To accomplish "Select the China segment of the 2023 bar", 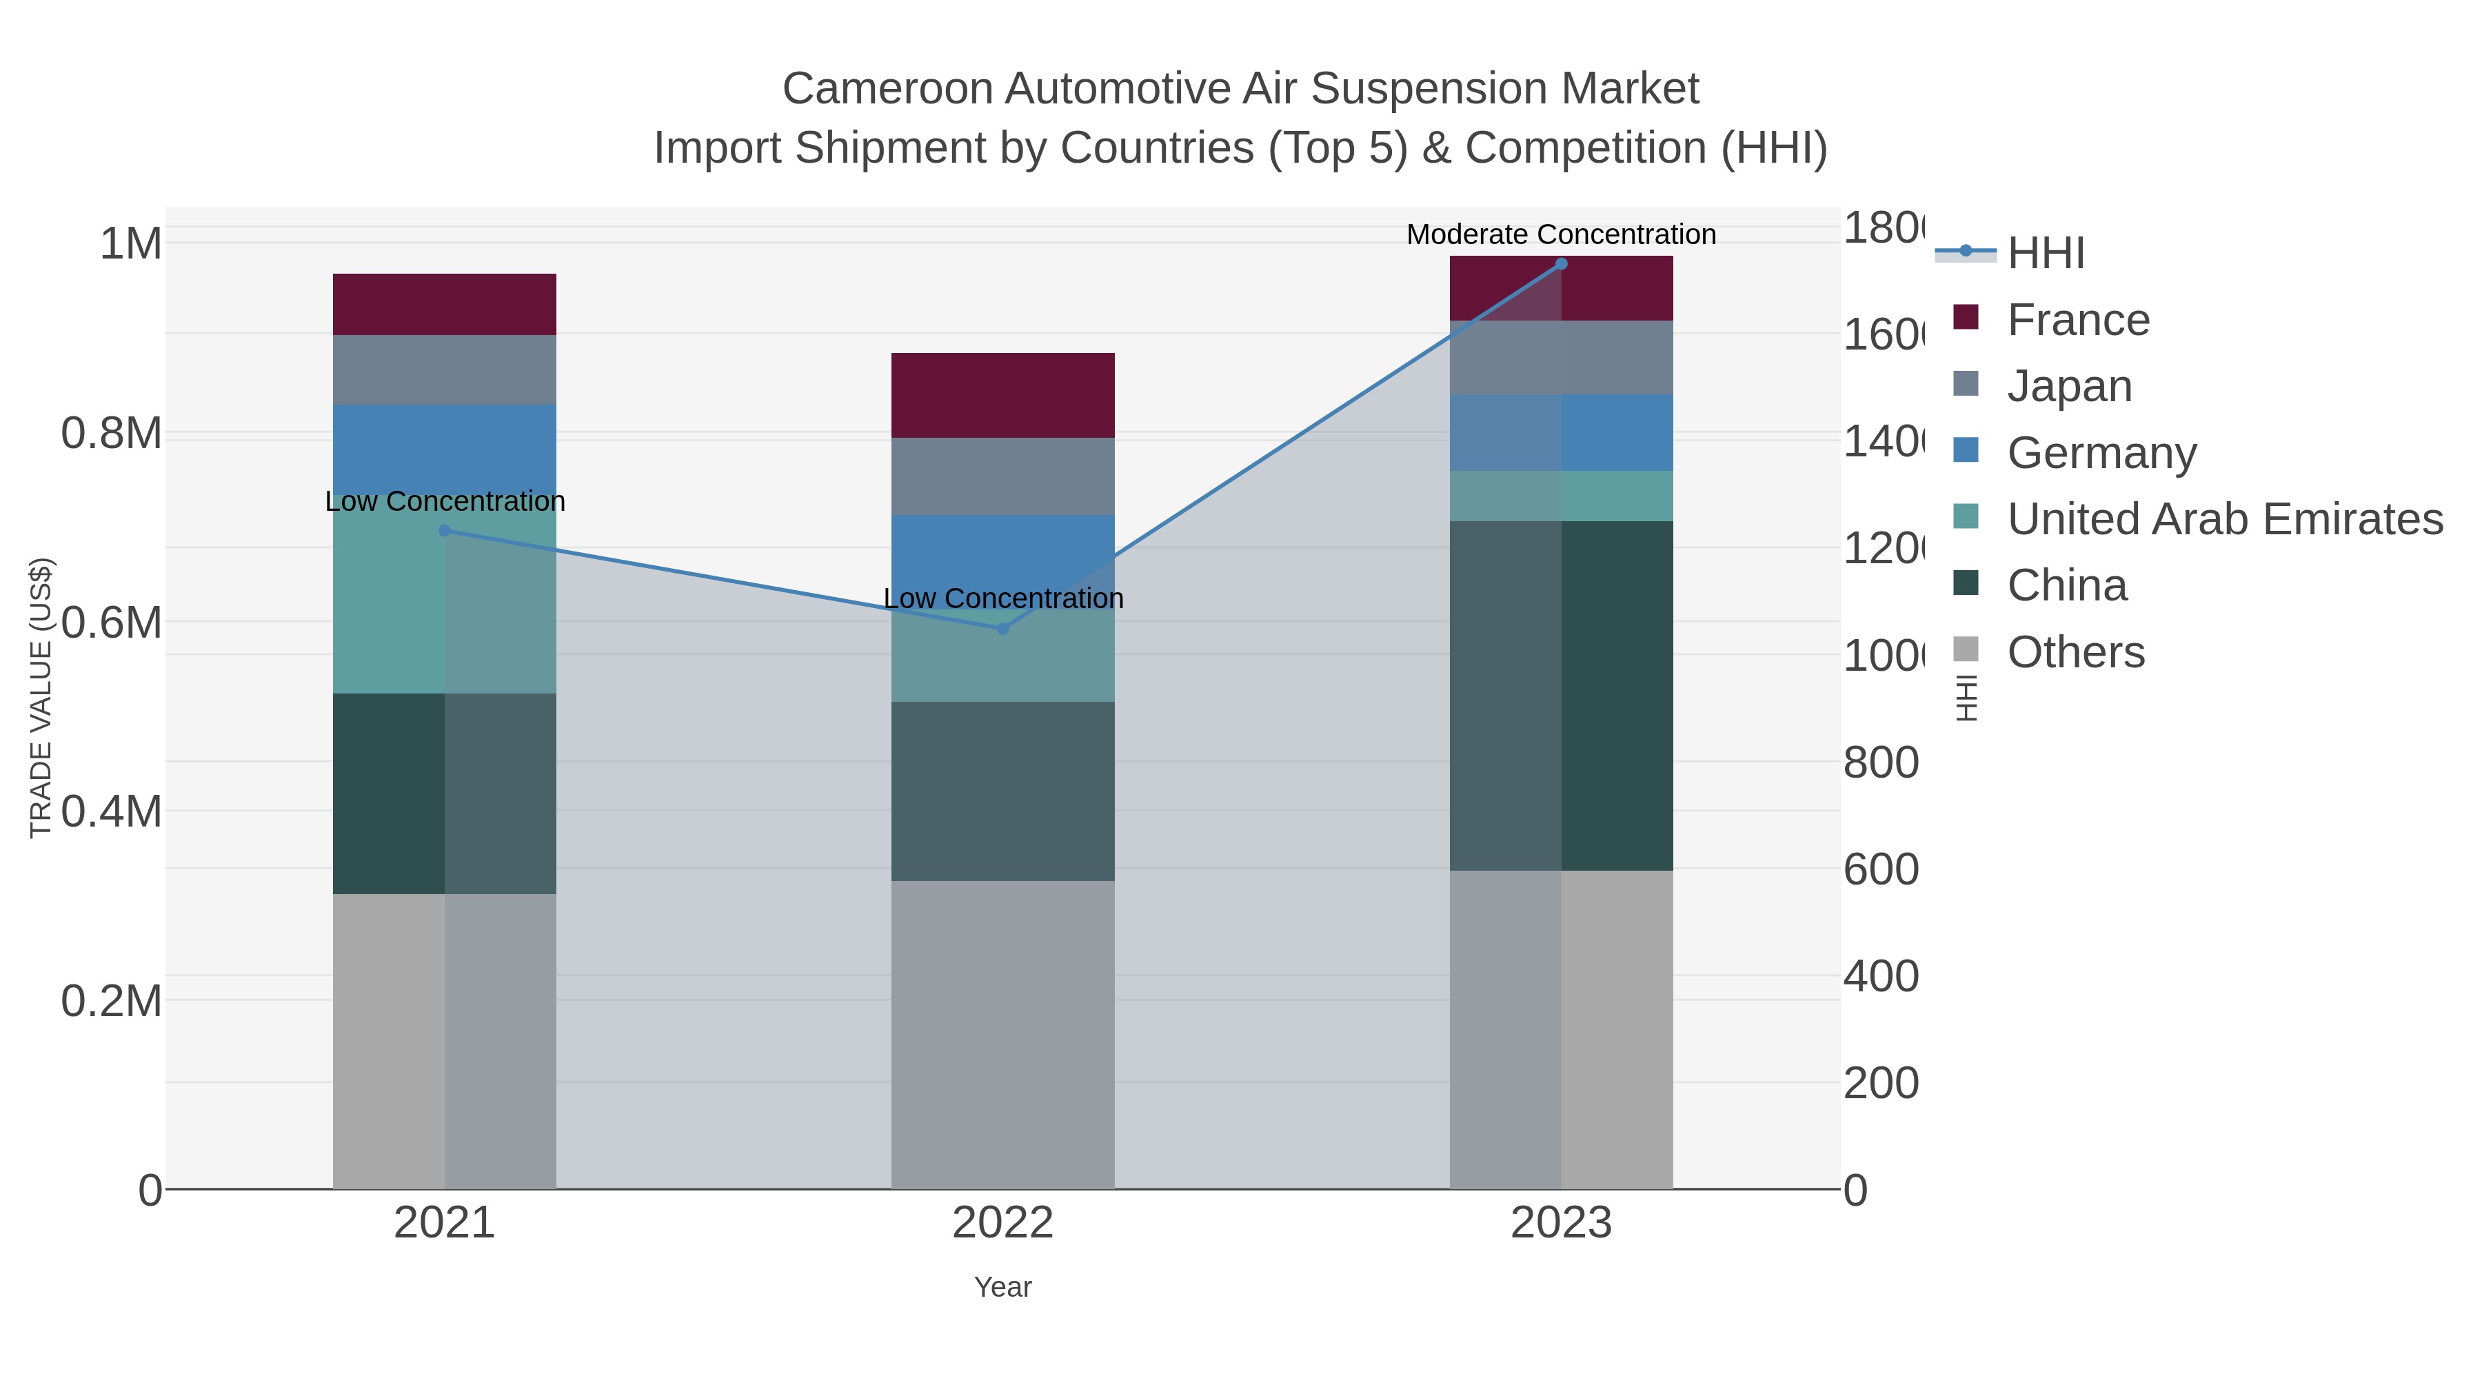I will (x=1561, y=696).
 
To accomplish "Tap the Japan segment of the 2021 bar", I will (x=444, y=370).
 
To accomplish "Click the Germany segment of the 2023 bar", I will (x=1561, y=432).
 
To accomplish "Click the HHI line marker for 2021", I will (x=444, y=531).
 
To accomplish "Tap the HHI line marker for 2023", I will (x=1561, y=264).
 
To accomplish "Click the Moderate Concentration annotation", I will (x=1561, y=234).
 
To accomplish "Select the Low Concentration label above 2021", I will (x=444, y=501).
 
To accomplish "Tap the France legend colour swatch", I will (x=1966, y=317).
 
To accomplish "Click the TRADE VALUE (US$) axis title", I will (x=41, y=698).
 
